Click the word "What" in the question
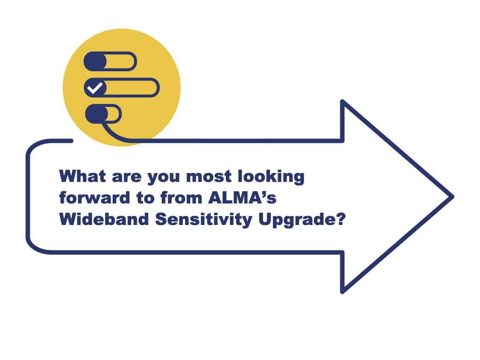pos(82,176)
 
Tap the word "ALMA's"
pos(242,197)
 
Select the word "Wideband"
pos(104,219)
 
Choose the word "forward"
pos(95,197)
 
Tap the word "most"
pos(209,177)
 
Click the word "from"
pos(181,197)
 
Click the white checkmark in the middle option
pos(95,88)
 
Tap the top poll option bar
pos(110,61)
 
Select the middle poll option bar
pos(122,88)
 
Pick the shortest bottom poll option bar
pos(104,114)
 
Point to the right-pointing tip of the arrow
pos(453,196)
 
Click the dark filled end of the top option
pos(95,61)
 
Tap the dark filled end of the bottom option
pos(97,114)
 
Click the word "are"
pos(127,178)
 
